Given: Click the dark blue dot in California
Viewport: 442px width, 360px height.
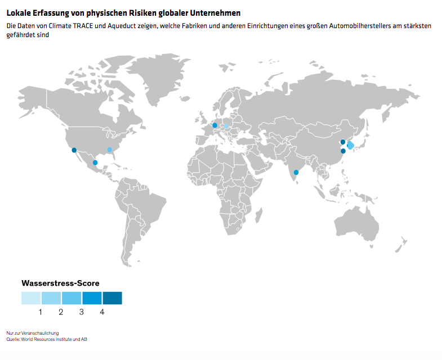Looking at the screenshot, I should pos(74,150).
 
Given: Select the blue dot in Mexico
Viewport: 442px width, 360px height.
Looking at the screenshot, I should pos(95,163).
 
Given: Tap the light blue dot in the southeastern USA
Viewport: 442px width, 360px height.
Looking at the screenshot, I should pos(110,150).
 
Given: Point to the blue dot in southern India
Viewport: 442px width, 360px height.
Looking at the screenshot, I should pos(296,172).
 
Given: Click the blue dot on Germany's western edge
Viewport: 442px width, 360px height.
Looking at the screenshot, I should pos(215,125).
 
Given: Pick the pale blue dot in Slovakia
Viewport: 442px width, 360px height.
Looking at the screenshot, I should pos(227,127).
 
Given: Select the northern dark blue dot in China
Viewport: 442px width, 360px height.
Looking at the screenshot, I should pos(343,142).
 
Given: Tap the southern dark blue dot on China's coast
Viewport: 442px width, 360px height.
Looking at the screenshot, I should pos(343,151).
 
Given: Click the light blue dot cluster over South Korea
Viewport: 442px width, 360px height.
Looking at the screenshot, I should pos(350,146).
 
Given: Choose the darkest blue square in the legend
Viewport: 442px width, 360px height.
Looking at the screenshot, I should pos(112,298).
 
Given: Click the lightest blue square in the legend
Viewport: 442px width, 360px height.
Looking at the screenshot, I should pos(31,298).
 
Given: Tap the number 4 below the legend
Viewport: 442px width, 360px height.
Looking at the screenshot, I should pos(102,312).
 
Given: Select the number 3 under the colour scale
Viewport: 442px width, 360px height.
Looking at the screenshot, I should pos(82,312).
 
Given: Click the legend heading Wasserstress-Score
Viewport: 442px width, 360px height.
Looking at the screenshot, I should pos(60,283).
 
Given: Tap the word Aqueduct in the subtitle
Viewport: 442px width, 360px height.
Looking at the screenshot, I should pos(123,26).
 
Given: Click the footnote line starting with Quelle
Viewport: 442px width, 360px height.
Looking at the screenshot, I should pos(47,339).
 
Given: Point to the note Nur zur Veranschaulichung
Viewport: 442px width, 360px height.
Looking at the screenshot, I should pos(33,333).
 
